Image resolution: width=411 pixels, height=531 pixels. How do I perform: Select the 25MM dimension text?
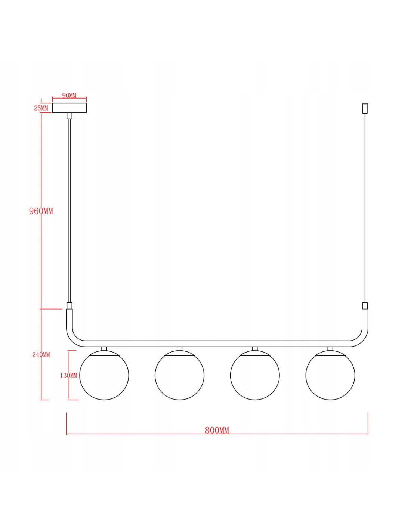click(41, 108)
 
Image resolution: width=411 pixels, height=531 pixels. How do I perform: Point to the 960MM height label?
click(41, 211)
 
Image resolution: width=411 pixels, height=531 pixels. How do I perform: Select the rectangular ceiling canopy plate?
click(69, 108)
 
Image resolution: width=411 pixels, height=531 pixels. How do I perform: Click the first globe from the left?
click(104, 375)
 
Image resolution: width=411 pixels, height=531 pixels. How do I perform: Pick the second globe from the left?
click(179, 375)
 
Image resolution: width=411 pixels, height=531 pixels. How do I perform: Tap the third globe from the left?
click(255, 375)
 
